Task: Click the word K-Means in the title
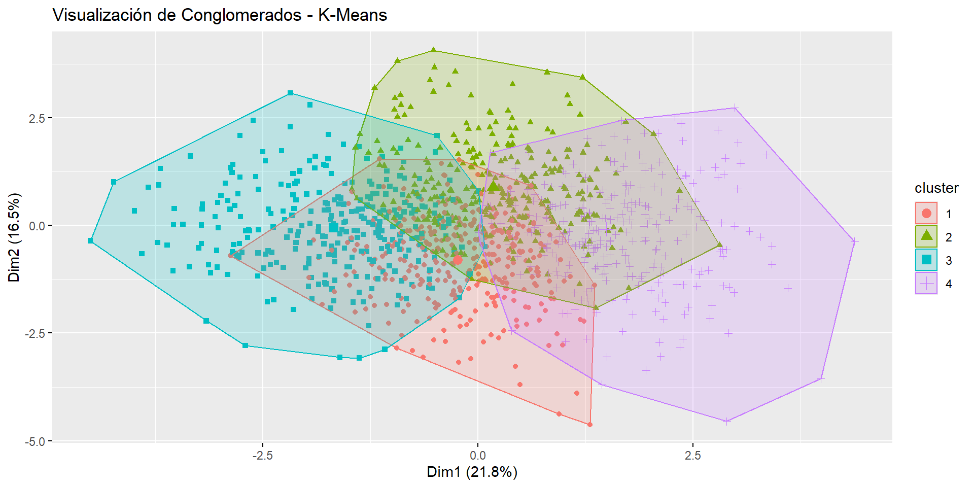(353, 15)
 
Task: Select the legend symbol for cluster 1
(926, 214)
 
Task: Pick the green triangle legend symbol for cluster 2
(926, 236)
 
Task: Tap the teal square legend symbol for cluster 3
(926, 260)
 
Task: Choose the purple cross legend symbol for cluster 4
(926, 283)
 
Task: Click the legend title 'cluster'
(936, 188)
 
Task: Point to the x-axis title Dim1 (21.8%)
(472, 472)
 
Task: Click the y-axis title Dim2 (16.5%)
(14, 237)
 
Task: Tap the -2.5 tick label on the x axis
(262, 456)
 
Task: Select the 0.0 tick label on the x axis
(477, 456)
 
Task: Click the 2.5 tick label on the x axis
(692, 456)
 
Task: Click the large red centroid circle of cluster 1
(458, 260)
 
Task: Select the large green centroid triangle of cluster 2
(493, 186)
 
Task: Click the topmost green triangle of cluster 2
(434, 50)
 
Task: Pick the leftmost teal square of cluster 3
(91, 240)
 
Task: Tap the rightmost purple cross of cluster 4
(854, 241)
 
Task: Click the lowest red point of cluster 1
(589, 425)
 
